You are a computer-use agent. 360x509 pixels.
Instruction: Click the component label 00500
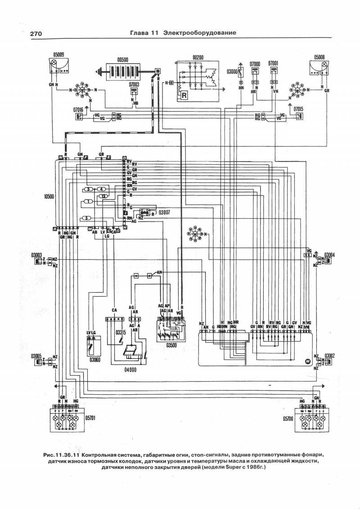click(123, 59)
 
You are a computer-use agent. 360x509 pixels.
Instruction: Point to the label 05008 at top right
click(317, 57)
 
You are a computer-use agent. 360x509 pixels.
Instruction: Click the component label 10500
click(45, 197)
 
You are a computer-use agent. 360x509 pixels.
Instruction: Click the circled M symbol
click(308, 360)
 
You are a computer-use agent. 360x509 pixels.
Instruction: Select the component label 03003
click(37, 255)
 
